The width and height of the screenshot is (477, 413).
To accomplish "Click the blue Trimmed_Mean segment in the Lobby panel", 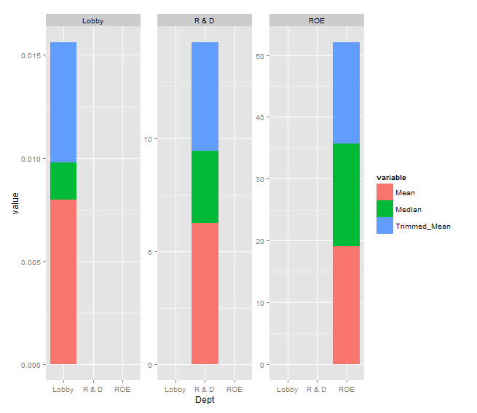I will point(63,102).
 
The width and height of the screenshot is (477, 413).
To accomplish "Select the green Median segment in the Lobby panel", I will point(63,181).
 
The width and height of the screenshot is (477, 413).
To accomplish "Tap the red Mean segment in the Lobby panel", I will point(63,281).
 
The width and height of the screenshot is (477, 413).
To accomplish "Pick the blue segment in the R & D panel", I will point(205,96).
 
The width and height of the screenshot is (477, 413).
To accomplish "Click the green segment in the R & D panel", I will point(205,186).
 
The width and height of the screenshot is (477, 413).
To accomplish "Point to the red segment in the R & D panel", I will point(205,293).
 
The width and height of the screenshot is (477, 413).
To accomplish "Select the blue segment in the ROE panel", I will point(346,93).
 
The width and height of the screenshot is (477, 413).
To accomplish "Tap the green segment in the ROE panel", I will point(346,194).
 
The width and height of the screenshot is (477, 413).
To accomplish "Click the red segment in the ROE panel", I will point(346,304).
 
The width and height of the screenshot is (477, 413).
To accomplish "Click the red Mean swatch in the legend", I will point(384,192).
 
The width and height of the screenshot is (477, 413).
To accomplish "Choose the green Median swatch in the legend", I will point(384,209).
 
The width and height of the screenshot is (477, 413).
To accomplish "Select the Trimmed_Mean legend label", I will point(422,226).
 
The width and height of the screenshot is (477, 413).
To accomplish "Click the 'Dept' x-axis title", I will point(205,400).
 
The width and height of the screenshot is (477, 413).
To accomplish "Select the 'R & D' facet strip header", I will point(205,20).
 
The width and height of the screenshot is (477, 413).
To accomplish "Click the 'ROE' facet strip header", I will point(317,20).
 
